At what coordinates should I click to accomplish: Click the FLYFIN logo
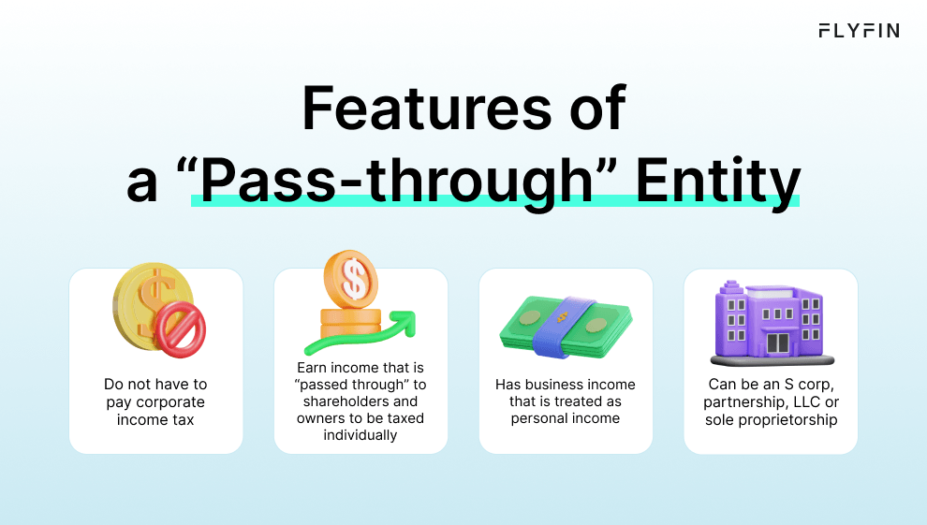coord(859,31)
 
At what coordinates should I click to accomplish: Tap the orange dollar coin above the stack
coord(350,277)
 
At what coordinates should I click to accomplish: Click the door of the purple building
coord(777,343)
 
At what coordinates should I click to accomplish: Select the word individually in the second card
coord(360,435)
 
